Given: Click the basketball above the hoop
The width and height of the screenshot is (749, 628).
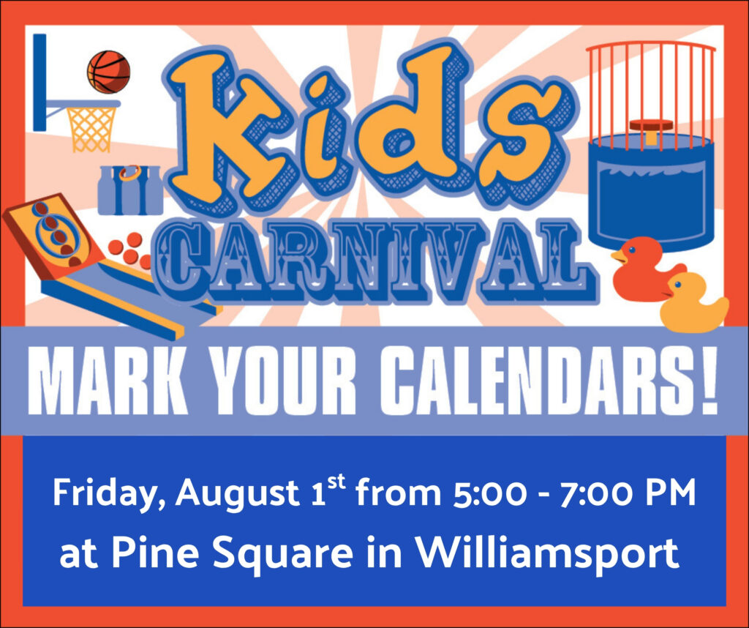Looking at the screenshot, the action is pyautogui.click(x=108, y=72).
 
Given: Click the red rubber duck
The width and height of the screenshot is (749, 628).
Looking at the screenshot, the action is pyautogui.click(x=645, y=269).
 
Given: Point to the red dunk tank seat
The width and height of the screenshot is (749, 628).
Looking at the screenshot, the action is pyautogui.click(x=651, y=125).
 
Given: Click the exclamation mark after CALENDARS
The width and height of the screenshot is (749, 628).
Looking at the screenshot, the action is pyautogui.click(x=710, y=381).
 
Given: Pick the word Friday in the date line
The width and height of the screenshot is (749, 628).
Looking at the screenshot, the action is pyautogui.click(x=105, y=494).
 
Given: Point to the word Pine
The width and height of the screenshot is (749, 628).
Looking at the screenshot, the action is pyautogui.click(x=155, y=553).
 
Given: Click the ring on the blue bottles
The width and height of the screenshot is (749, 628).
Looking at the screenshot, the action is pyautogui.click(x=130, y=172).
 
